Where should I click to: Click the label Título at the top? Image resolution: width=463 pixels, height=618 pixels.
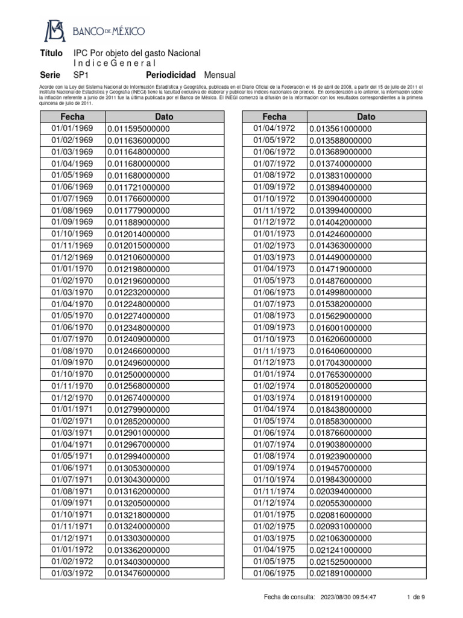tap(51, 54)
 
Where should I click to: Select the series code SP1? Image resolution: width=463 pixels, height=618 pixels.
tap(81, 75)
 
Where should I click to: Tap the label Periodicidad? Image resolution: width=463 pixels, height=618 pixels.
tap(171, 75)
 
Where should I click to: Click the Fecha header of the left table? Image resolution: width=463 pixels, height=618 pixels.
tap(72, 116)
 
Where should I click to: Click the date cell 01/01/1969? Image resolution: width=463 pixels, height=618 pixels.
tap(72, 129)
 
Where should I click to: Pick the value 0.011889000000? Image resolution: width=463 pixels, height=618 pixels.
tap(139, 222)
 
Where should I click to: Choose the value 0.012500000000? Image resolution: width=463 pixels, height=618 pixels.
tap(139, 374)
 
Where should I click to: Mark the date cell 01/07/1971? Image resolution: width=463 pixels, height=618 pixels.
tap(72, 480)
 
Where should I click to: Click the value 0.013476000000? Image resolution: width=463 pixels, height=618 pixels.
tap(139, 573)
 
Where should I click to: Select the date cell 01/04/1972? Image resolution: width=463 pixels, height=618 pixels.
tap(274, 129)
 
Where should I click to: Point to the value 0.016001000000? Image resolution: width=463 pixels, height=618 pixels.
tap(341, 328)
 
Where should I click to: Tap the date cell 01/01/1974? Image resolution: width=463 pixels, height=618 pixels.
tap(274, 374)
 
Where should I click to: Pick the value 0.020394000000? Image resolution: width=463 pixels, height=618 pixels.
tap(341, 491)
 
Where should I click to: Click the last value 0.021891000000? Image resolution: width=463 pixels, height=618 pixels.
tap(341, 573)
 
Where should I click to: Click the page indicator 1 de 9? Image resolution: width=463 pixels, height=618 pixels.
tap(416, 597)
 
